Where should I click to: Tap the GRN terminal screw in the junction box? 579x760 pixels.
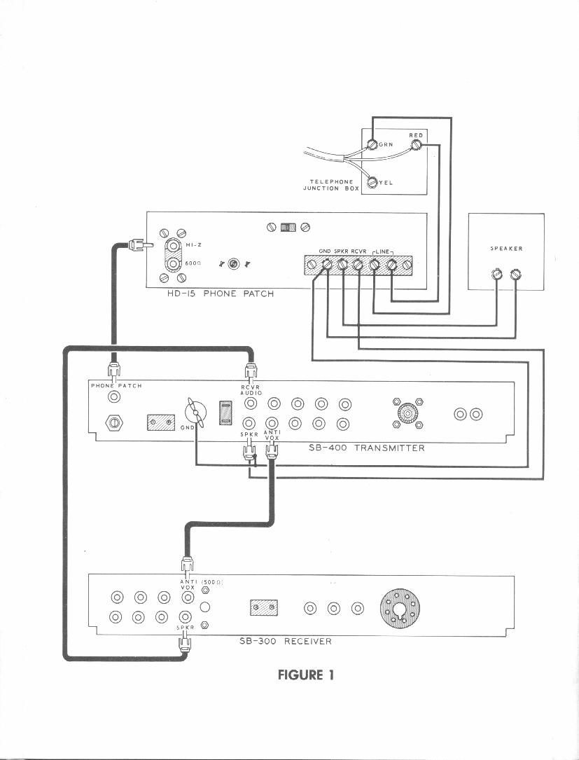[373, 146]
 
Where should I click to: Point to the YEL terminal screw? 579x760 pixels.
[372, 182]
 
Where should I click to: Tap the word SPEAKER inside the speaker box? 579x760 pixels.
[506, 249]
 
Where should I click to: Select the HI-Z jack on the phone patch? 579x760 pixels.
[173, 245]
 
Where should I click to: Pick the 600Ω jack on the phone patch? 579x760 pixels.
[173, 263]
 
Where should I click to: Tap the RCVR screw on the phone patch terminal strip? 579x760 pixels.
[358, 265]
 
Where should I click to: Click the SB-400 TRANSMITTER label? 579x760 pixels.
[366, 448]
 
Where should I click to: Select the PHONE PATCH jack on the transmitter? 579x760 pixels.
[113, 397]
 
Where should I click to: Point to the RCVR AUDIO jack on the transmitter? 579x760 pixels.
[250, 403]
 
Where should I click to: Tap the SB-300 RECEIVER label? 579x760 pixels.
[281, 641]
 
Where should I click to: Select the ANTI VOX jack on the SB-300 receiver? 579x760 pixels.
[187, 597]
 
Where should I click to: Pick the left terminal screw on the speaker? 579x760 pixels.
[497, 275]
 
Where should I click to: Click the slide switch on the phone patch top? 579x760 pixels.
[288, 228]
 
